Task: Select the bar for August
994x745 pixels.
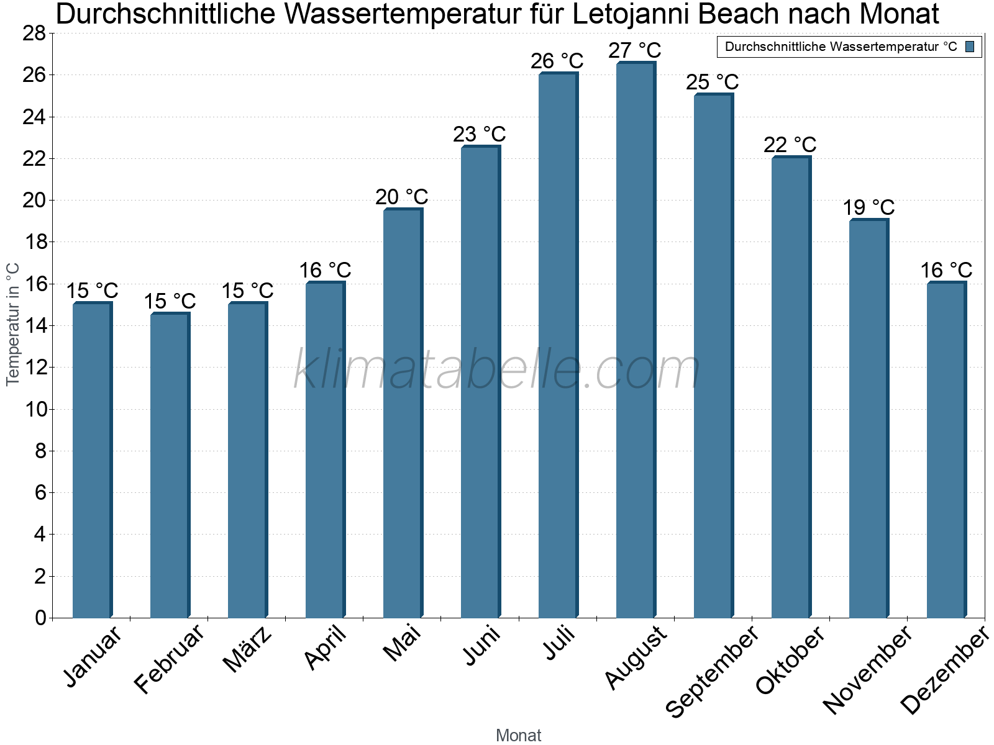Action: pos(635,341)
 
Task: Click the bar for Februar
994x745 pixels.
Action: pos(169,466)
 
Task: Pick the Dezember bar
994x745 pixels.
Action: pos(946,450)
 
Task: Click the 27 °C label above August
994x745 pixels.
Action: pos(634,50)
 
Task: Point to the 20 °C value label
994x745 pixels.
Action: pos(401,197)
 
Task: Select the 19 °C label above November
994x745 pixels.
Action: pos(868,207)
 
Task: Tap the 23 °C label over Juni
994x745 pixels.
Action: pos(479,134)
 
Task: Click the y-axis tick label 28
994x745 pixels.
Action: pos(34,34)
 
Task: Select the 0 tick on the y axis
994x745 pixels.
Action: pos(41,618)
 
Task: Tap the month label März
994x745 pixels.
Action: pos(248,649)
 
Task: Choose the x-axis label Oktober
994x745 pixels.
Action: pos(790,661)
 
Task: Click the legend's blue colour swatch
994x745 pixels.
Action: pos(970,47)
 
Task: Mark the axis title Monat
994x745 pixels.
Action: pos(518,735)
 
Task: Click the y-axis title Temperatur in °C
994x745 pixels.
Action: pos(13,324)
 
